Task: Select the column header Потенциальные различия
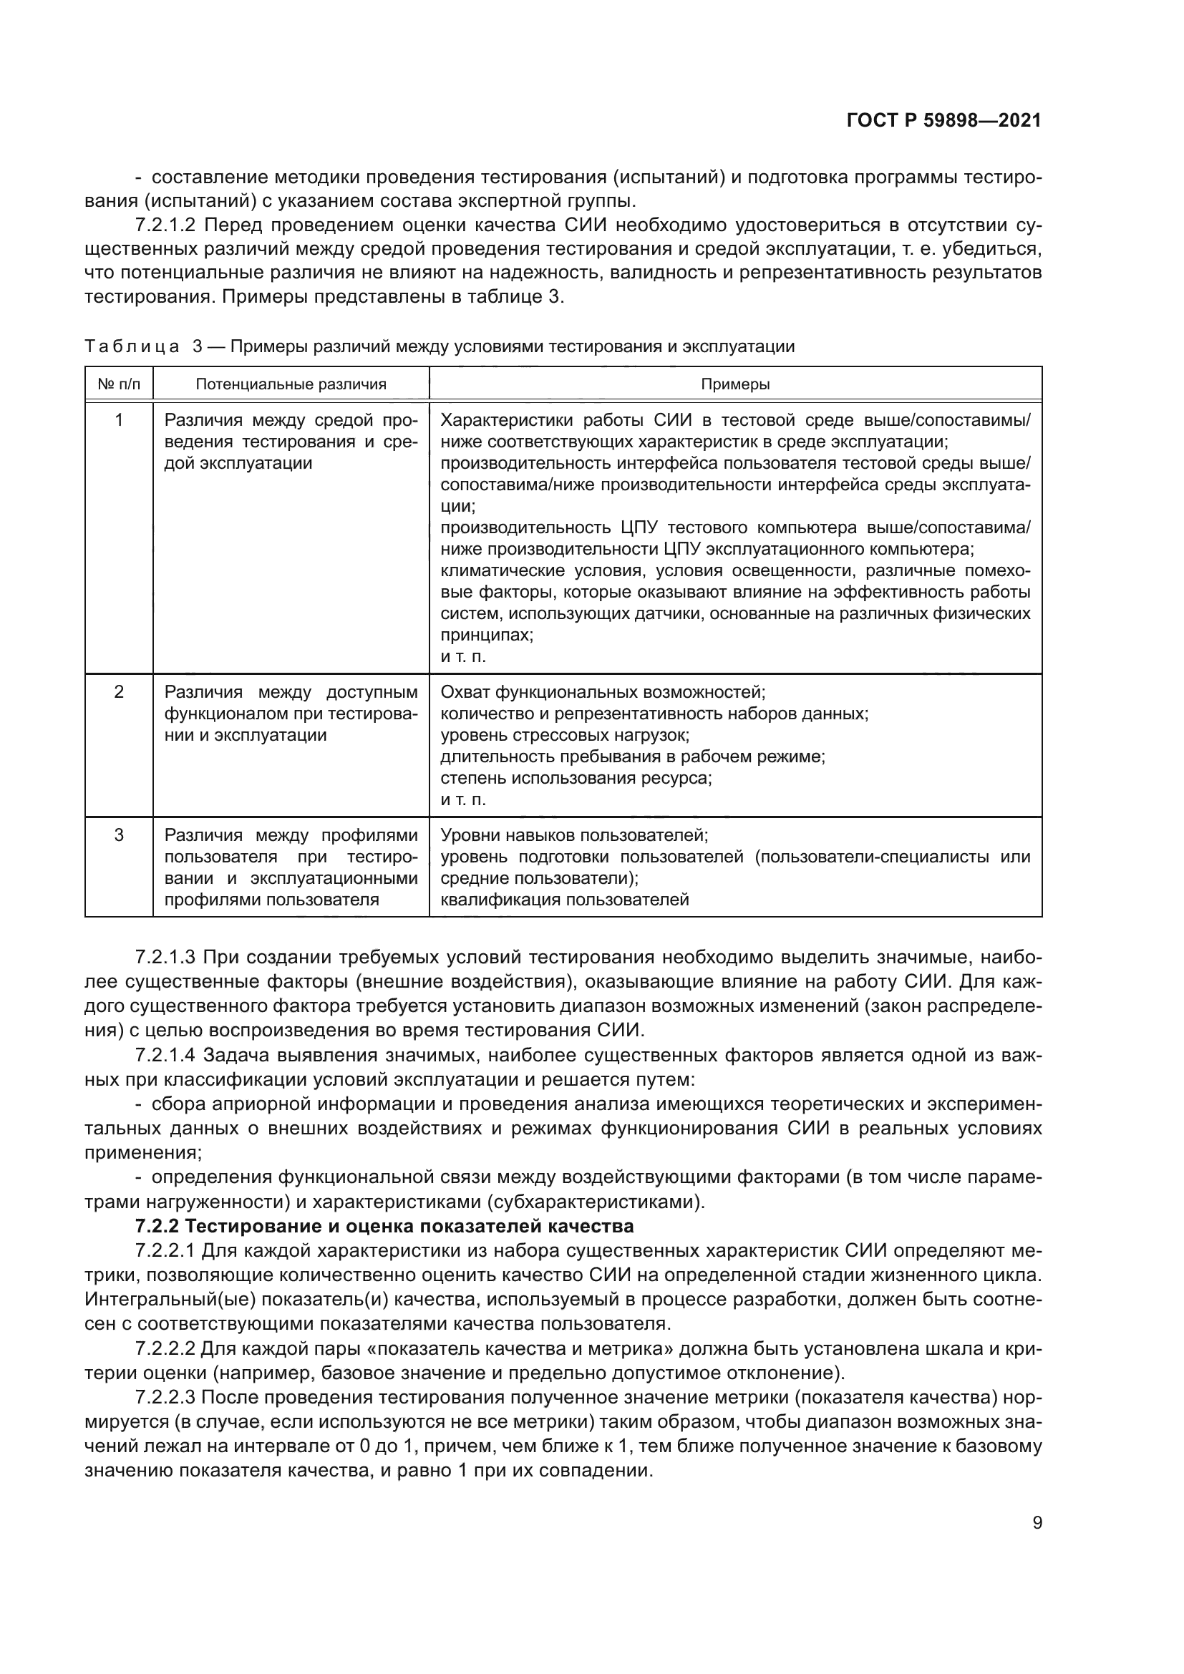(x=291, y=384)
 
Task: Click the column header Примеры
(x=735, y=384)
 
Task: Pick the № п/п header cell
(x=119, y=384)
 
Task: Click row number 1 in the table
(x=119, y=420)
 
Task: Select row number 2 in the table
(x=119, y=691)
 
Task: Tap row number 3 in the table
(x=119, y=834)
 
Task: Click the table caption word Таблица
(x=132, y=346)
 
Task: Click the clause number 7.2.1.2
(x=166, y=225)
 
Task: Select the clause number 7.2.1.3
(x=166, y=957)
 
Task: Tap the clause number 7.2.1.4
(x=166, y=1055)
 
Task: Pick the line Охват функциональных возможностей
(x=603, y=691)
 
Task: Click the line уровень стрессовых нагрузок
(x=565, y=735)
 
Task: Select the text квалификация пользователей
(x=565, y=900)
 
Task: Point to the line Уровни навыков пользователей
(x=575, y=834)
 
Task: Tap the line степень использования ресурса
(x=576, y=778)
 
